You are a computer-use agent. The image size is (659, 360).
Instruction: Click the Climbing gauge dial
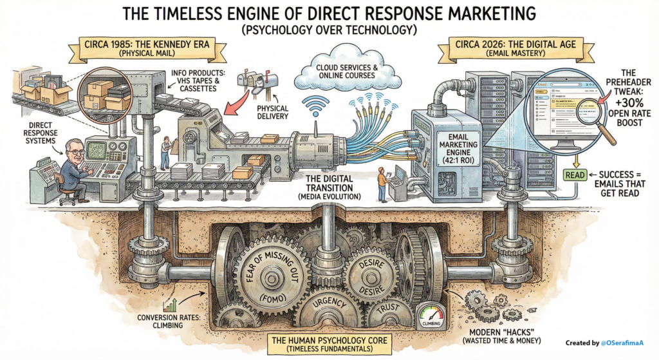click(431, 315)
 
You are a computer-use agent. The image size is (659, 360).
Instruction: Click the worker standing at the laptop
click(383, 184)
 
